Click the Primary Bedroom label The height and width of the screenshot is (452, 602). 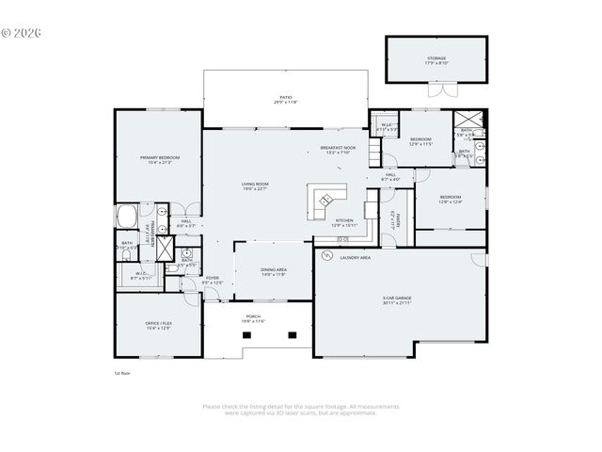pos(159,159)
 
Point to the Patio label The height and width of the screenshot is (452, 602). pos(285,99)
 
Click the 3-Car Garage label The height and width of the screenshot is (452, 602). pos(397,299)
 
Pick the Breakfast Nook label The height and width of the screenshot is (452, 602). pos(338,150)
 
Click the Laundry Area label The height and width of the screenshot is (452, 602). pos(355,257)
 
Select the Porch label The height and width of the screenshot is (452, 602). pos(254,319)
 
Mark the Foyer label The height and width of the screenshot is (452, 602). pos(213,280)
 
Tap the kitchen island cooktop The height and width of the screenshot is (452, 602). pos(325,200)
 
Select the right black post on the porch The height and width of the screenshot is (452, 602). pos(293,334)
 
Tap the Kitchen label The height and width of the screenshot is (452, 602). pos(344,222)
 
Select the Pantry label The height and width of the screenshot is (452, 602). pos(398,219)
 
